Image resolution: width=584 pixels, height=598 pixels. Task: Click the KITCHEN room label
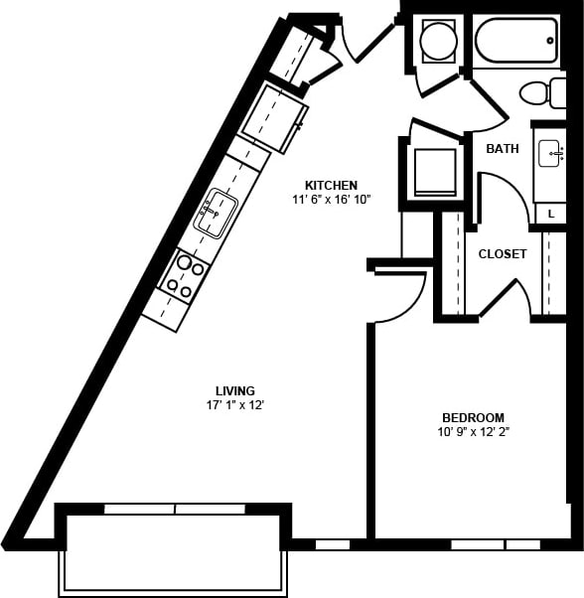pos(331,185)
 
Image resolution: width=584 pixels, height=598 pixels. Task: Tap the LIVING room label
pos(235,390)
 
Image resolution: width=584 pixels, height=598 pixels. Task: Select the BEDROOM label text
pos(473,417)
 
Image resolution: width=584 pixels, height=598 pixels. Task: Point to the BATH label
pos(502,149)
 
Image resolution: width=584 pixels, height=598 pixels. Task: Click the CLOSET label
pos(503,254)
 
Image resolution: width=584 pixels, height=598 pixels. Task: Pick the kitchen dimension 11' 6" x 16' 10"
pos(331,200)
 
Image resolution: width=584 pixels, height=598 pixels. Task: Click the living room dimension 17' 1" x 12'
pos(235,405)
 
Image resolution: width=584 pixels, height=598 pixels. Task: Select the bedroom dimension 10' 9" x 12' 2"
pos(473,432)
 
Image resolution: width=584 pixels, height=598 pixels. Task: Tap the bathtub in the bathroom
pos(515,41)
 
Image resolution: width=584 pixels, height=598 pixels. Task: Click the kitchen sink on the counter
pos(215,212)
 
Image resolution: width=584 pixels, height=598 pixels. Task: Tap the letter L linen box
pos(550,213)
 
